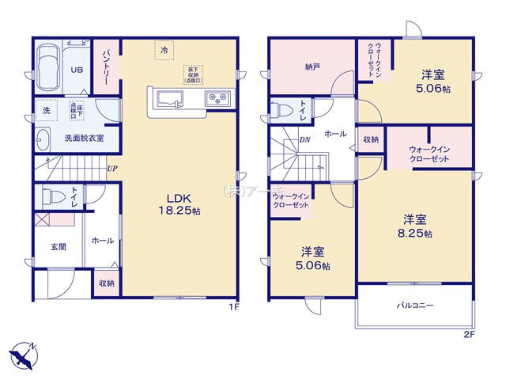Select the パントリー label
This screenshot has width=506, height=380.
coord(108,66)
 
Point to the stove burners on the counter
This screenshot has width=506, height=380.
coord(216,99)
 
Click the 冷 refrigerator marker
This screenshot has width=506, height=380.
coord(164,50)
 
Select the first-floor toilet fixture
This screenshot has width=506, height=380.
coord(52,196)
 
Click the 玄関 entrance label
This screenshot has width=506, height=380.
coord(58,247)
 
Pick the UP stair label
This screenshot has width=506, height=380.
coord(112,168)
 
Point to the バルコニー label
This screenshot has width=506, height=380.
coord(415,305)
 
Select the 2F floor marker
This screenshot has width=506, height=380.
coord(469,334)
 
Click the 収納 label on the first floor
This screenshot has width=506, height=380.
coord(107,283)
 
